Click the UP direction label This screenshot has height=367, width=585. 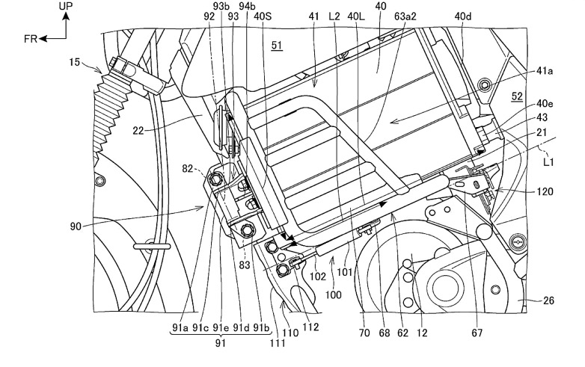(67, 5)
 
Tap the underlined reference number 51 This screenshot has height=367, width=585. (277, 45)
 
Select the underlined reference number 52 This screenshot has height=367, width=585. (516, 96)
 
